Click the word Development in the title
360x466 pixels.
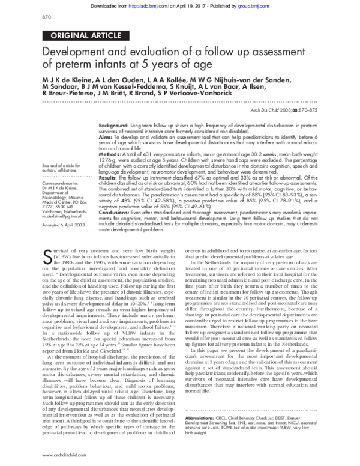[76, 53]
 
